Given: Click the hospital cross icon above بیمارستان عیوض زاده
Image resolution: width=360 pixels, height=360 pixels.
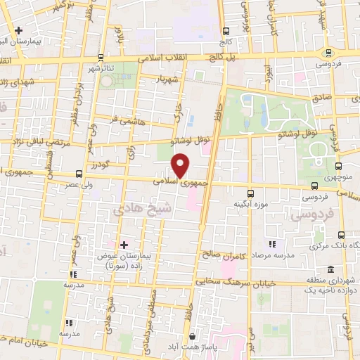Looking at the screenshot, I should [124, 244].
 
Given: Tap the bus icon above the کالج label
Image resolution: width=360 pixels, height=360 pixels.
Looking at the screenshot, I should [226, 31].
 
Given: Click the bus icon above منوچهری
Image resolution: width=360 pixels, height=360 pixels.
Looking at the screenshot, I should [340, 167].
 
